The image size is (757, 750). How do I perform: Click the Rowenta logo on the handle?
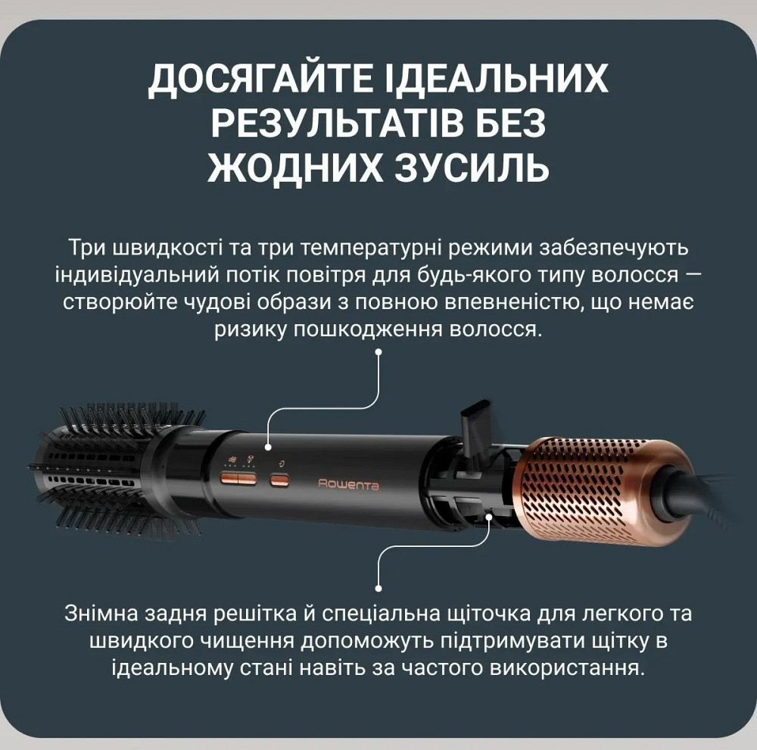point(348,485)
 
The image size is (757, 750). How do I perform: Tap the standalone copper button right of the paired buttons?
point(279,480)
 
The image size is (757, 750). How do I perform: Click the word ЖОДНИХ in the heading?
point(295,167)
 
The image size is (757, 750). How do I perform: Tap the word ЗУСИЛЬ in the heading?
point(472,167)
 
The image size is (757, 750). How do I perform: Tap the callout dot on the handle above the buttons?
point(268,448)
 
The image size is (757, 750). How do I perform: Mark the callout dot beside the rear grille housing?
point(490,517)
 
